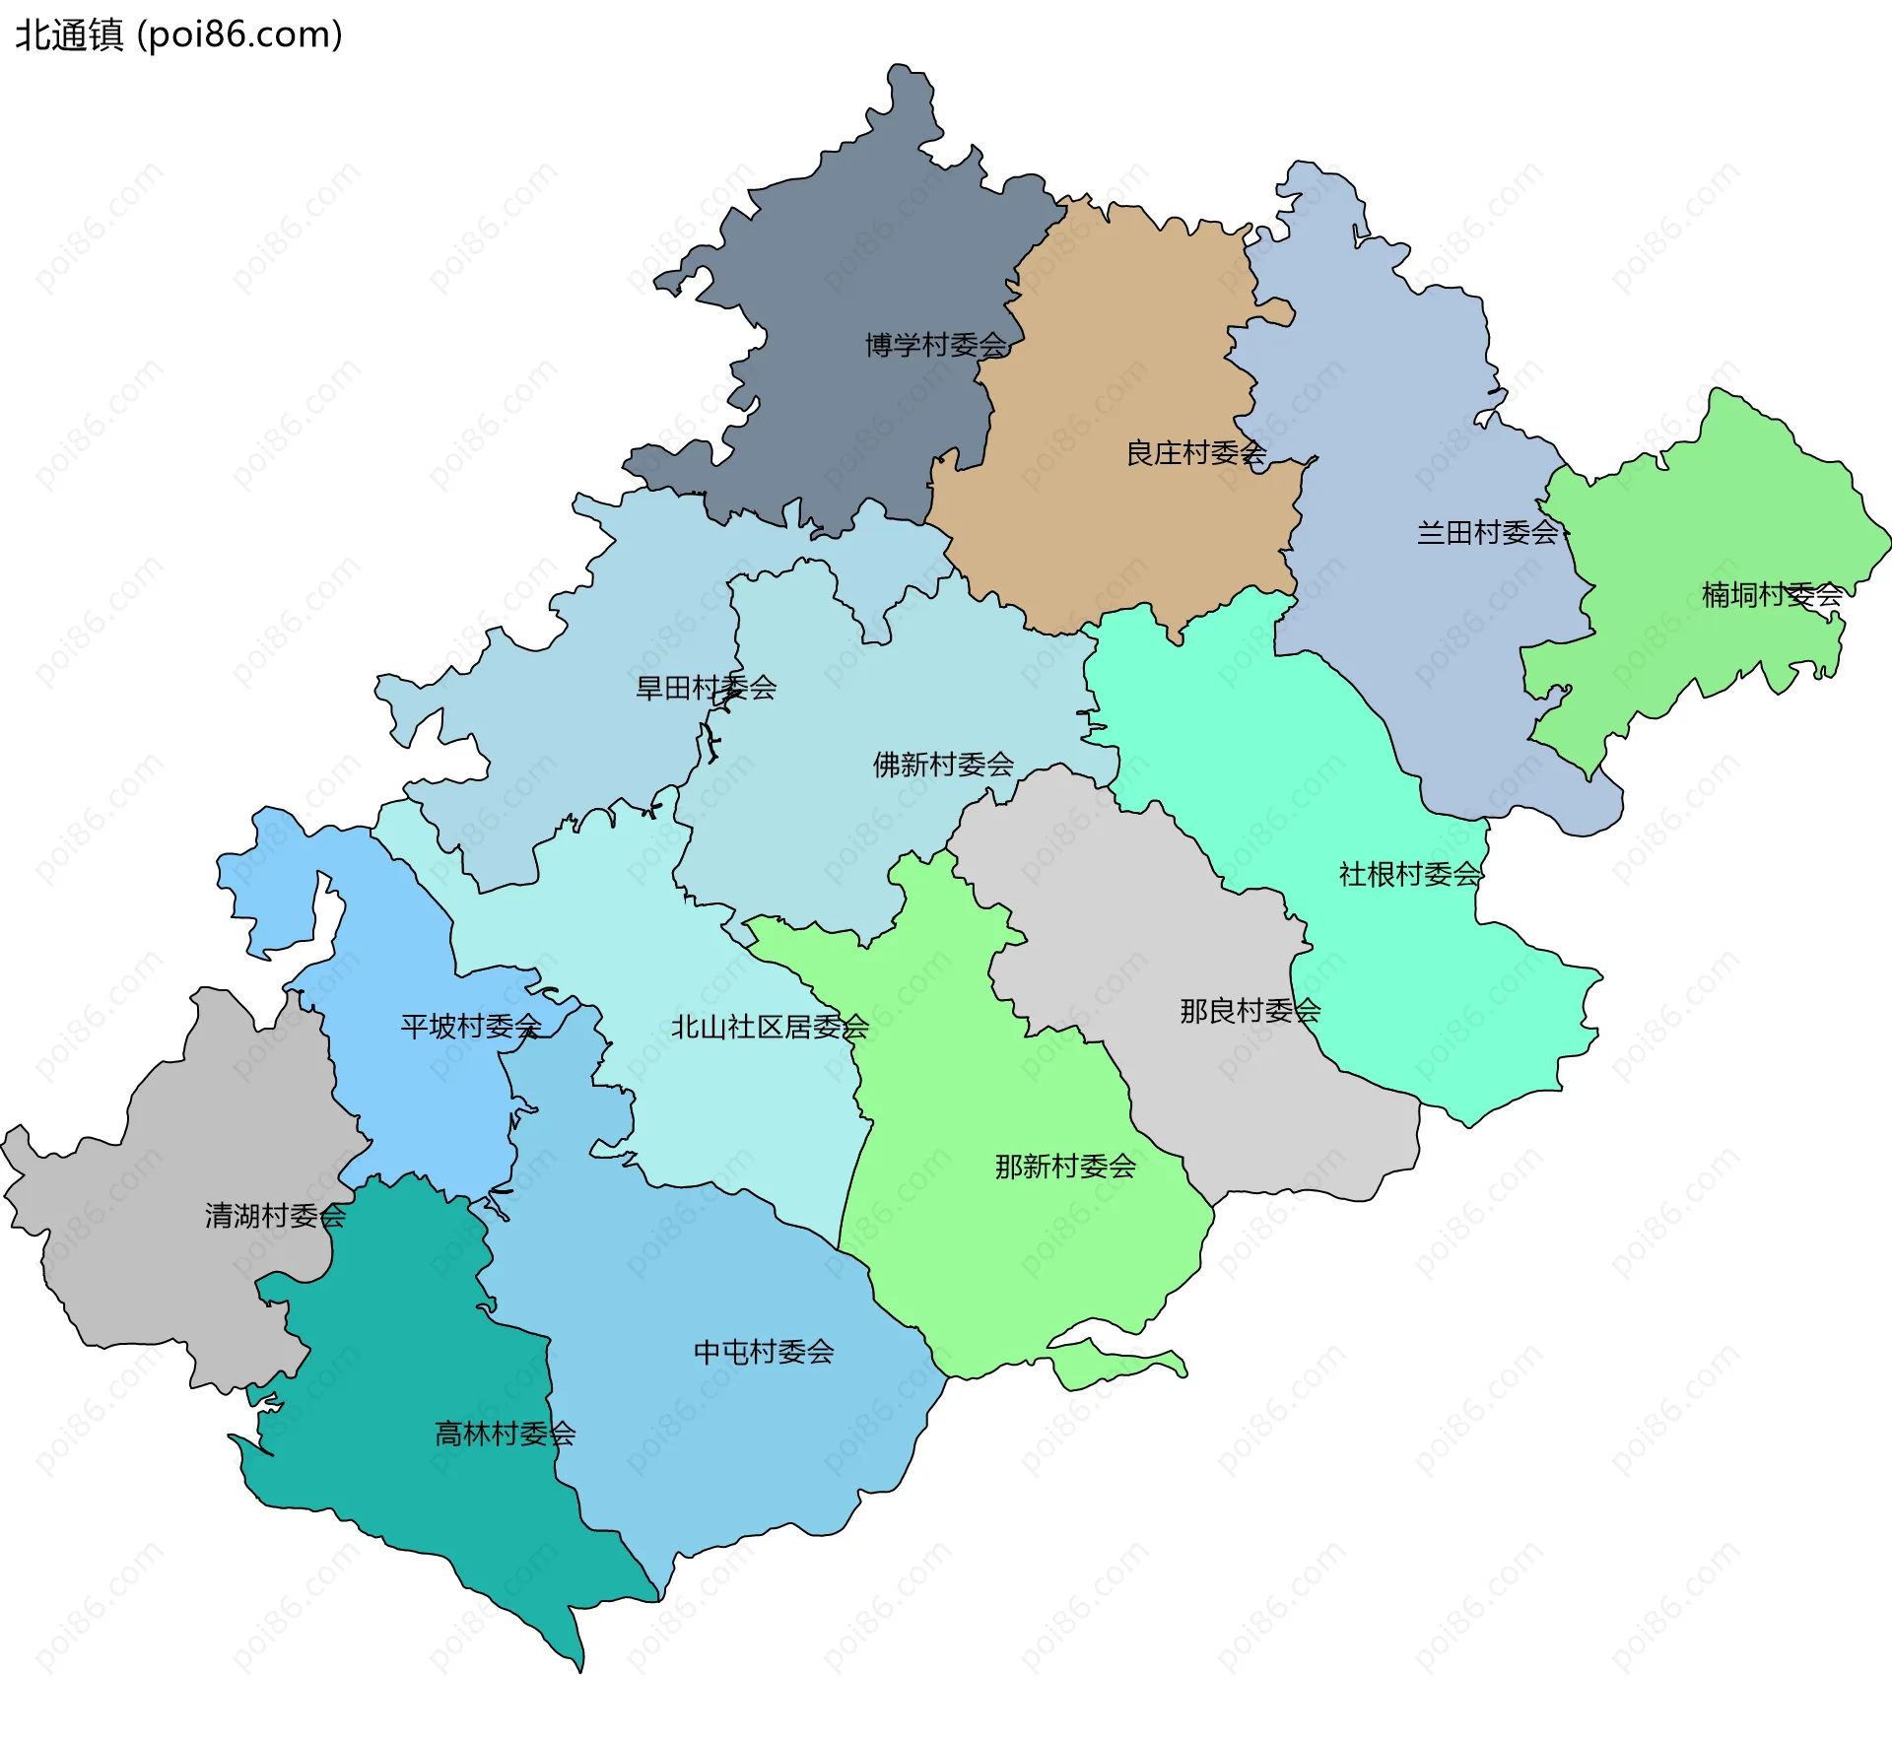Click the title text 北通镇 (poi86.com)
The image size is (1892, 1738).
(x=178, y=34)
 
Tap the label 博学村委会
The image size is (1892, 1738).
(x=935, y=345)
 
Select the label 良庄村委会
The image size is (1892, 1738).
(x=1195, y=453)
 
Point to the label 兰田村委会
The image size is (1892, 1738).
(x=1487, y=533)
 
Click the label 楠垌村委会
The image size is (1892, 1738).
(x=1772, y=594)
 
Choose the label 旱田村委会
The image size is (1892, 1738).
(x=706, y=688)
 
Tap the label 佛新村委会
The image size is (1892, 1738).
(x=943, y=765)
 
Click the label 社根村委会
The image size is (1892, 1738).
(x=1409, y=874)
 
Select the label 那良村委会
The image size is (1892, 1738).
(x=1250, y=1011)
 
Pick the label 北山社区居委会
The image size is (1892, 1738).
(x=770, y=1028)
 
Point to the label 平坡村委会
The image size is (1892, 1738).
(x=471, y=1027)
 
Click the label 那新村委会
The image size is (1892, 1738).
(x=1065, y=1167)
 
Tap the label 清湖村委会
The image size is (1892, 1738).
(x=275, y=1216)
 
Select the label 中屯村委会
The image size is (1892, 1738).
(x=764, y=1352)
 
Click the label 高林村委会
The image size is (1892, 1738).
(x=505, y=1434)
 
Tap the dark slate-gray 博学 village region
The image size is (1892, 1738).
(x=867, y=256)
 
